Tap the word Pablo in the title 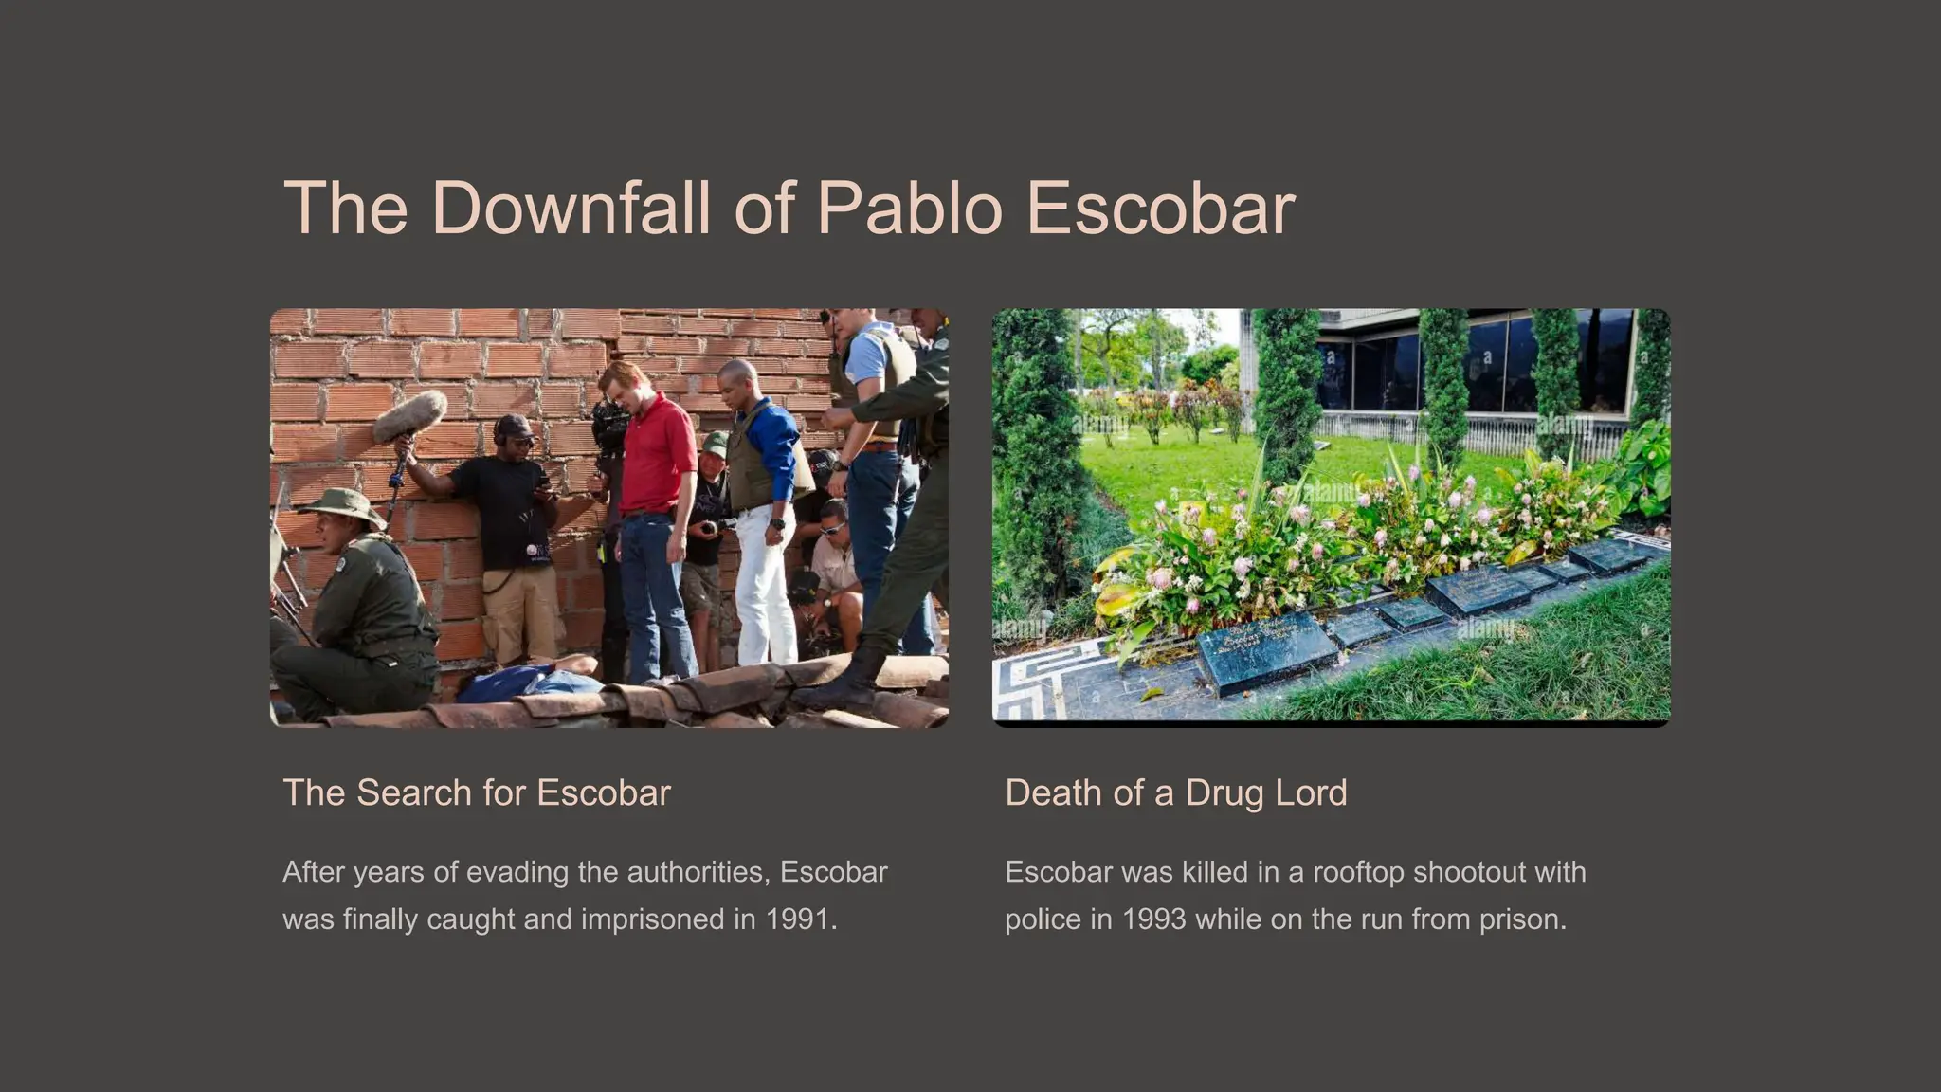pos(909,208)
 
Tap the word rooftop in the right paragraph pos(1355,872)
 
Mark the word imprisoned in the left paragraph pos(653,919)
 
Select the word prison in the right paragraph pos(1520,919)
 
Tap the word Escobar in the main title pos(1160,208)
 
